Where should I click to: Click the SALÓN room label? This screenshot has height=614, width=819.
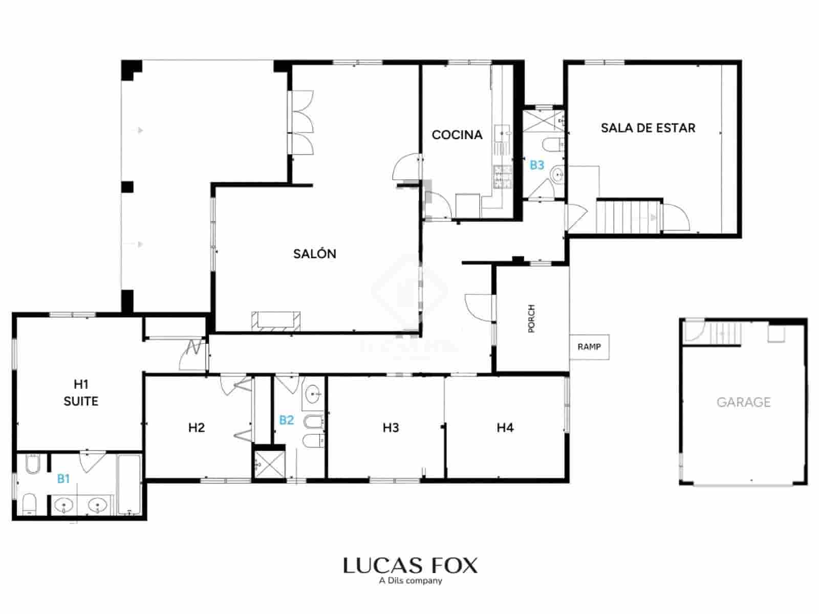coord(314,254)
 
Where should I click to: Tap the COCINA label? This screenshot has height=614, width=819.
coord(457,135)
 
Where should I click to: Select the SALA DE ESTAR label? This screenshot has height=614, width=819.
coord(648,128)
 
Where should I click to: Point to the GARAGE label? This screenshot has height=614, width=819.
coord(743,402)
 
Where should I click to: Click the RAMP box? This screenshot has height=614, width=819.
coord(589,347)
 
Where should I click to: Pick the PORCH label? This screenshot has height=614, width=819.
coord(531,319)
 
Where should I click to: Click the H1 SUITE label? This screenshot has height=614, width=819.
coord(81,392)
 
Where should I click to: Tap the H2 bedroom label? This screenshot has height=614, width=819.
coord(197,428)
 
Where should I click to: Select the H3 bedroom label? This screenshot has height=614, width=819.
coord(391,428)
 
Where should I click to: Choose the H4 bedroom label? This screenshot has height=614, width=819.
coord(505,428)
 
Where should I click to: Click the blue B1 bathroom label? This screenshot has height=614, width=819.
coord(63,479)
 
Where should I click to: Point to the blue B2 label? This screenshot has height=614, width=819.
coord(286,420)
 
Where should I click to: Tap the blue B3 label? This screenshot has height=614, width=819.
coord(536,165)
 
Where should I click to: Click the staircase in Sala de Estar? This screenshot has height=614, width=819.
coord(629,216)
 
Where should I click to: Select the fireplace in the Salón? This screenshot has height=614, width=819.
coord(276,320)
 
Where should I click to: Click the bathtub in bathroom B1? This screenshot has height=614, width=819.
coord(129,484)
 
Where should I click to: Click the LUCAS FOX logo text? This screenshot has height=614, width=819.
coord(410,566)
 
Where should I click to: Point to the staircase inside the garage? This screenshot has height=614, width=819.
coord(723,333)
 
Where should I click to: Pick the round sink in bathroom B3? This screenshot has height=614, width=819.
coord(556,177)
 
